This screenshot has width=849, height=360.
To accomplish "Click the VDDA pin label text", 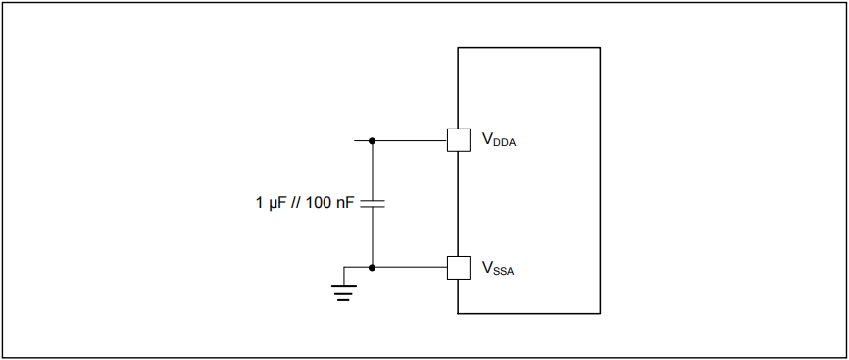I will coord(497,140).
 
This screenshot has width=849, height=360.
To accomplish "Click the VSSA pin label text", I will coord(496,267).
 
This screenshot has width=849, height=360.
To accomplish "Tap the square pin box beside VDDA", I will coord(458,140).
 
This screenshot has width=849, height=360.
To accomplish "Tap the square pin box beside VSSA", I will coord(458,267).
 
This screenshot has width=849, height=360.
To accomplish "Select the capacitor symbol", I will coord(373,204).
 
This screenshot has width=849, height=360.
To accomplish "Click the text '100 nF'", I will coord(331,204).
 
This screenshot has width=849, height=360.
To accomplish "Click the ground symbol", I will coord(342,290).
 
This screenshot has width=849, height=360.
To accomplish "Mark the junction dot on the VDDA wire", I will coord(373,140).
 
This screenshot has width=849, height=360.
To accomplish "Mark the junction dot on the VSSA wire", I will coord(373,267).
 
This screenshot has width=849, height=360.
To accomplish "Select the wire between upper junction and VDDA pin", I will coord(410,140).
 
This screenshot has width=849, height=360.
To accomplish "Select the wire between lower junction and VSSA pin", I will coord(410,267).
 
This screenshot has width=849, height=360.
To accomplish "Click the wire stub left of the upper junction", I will coord(359,140).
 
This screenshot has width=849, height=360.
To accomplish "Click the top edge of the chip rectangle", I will coord(529,47).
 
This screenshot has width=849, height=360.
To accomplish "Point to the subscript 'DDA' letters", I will coord(504,143).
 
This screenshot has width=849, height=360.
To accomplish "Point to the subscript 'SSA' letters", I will coord(502,270).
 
